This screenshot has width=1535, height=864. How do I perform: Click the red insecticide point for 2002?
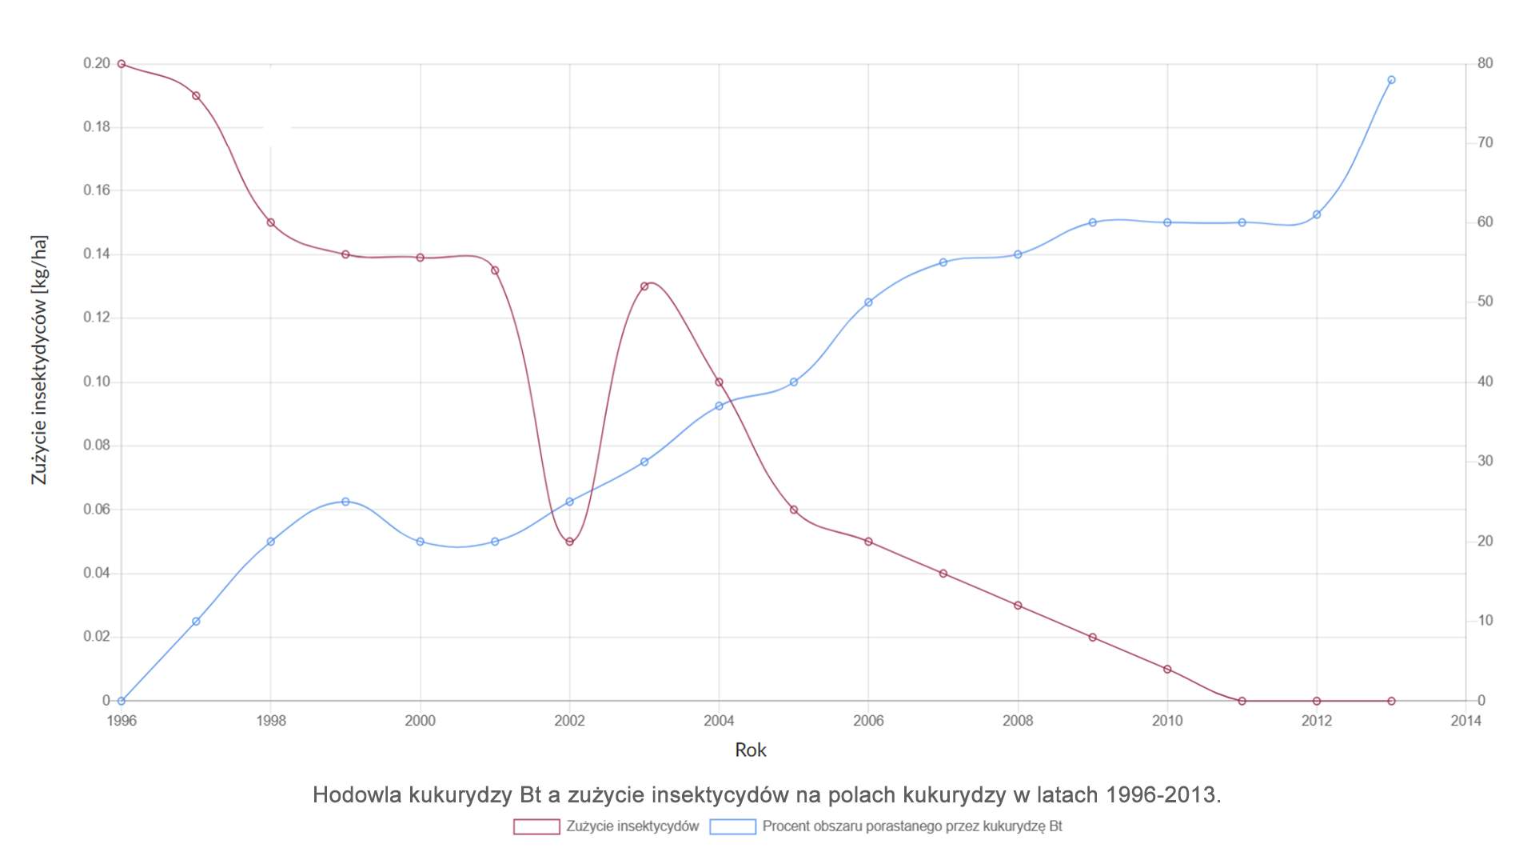[x=569, y=542]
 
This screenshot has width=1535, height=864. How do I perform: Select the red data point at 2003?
[x=644, y=286]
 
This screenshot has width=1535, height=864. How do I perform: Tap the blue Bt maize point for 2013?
[x=1391, y=80]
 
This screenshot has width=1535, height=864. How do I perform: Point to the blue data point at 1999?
[x=345, y=502]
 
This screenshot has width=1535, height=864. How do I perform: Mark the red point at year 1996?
[x=122, y=64]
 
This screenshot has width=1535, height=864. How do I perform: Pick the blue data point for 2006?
[x=868, y=302]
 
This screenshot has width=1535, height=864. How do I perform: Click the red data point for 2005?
[x=794, y=510]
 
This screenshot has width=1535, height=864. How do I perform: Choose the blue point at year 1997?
[x=196, y=622]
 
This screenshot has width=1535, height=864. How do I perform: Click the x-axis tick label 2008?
[x=1018, y=721]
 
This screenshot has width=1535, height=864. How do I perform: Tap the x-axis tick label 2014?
[x=1465, y=721]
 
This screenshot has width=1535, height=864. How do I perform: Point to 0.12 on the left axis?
[x=97, y=318]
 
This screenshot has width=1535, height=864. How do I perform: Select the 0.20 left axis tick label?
[x=97, y=63]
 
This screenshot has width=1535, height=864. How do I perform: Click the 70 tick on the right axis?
[x=1485, y=142]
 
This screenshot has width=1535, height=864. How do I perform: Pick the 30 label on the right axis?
[x=1485, y=461]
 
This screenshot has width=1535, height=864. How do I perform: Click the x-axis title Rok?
[x=750, y=750]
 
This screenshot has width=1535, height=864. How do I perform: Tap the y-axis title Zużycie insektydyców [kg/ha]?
[x=39, y=360]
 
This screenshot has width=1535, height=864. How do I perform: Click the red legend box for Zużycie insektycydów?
[x=536, y=826]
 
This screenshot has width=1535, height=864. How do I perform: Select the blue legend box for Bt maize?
[x=732, y=826]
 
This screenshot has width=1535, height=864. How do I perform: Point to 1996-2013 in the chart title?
[x=1163, y=794]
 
